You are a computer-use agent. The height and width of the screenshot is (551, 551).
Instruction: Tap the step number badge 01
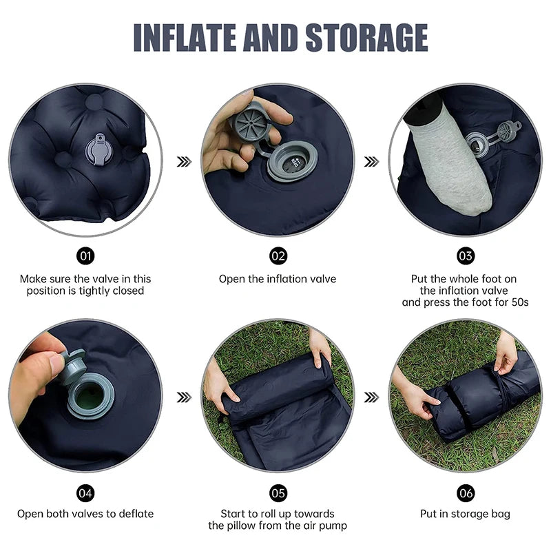click(x=85, y=256)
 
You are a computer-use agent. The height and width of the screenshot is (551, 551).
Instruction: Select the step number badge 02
click(x=278, y=256)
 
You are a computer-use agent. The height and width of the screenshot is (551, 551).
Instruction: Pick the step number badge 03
click(x=466, y=256)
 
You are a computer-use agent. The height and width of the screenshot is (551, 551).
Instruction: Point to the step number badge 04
click(x=85, y=492)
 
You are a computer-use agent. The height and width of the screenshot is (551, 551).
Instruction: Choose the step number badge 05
click(x=278, y=492)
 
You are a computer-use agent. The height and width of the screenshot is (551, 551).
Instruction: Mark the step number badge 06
click(x=466, y=492)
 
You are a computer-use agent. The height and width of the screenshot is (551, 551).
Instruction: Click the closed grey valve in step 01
click(x=97, y=151)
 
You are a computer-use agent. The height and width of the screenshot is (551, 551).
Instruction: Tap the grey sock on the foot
click(x=448, y=165)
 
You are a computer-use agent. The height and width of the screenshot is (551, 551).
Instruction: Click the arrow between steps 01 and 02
click(x=184, y=161)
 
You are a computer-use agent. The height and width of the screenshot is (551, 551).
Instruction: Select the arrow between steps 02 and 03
click(x=372, y=161)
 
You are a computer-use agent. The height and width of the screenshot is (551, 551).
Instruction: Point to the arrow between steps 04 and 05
click(x=184, y=397)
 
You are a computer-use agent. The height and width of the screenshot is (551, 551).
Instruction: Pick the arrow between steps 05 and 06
click(x=372, y=397)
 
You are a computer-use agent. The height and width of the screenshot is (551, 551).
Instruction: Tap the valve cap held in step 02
click(x=251, y=123)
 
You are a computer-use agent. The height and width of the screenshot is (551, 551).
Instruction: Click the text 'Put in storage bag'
click(x=465, y=514)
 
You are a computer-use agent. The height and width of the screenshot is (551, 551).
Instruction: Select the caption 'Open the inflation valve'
click(x=278, y=279)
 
